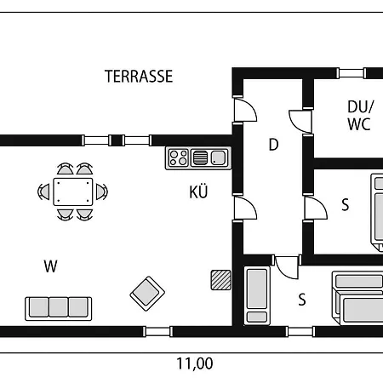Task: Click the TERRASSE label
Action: coord(139,77)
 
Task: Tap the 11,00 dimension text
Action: coord(195,363)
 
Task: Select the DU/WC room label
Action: coord(360,116)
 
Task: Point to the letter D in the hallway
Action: coord(273,145)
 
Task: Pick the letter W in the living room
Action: coord(51,266)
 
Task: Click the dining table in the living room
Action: coord(73,191)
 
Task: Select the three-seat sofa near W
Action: coord(59,309)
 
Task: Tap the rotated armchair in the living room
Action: coord(147,294)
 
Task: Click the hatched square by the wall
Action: coord(220,280)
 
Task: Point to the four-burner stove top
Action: coord(178,158)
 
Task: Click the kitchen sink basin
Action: coord(218,158)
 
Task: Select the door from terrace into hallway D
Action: coord(245,110)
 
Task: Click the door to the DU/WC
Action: coord(300,121)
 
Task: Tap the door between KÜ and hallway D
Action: coord(245,208)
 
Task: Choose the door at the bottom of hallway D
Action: coord(287,267)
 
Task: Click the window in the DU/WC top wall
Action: coord(351,73)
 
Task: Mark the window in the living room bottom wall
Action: coord(157,331)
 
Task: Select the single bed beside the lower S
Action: coord(257,295)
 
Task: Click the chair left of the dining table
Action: coord(44,191)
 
